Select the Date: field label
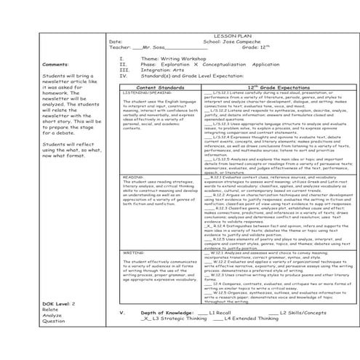tap(115, 41)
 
